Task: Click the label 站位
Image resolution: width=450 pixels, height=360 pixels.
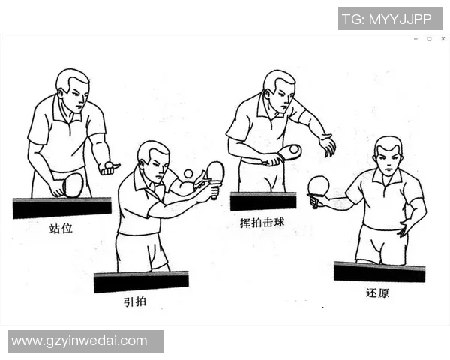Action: pos(61,228)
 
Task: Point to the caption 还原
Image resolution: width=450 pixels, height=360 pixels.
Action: pos(378,292)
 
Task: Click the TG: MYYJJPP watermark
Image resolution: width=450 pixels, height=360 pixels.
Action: pos(389,19)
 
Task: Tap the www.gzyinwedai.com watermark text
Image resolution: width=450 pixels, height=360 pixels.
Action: pos(79,341)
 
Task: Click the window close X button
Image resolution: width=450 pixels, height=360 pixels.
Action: pos(442,39)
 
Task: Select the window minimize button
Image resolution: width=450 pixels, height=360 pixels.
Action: pos(415,39)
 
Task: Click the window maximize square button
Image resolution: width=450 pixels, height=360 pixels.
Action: pos(429,39)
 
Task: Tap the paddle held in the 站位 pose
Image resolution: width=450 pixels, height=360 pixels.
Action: pos(72,184)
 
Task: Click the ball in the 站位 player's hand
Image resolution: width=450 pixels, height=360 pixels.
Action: pos(109,164)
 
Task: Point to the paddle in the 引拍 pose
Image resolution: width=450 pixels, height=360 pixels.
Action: pos(215,172)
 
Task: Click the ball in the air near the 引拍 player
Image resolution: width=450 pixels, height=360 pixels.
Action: pos(187,174)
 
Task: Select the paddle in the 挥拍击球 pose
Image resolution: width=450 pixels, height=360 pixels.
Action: pos(288,152)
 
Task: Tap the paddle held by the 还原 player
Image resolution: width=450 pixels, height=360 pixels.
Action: pos(319,185)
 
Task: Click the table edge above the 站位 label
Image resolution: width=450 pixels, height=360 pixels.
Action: pos(61,208)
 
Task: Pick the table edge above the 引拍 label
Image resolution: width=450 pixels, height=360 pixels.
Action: pos(141,282)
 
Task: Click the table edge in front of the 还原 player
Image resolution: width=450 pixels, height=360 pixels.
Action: pos(379,271)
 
